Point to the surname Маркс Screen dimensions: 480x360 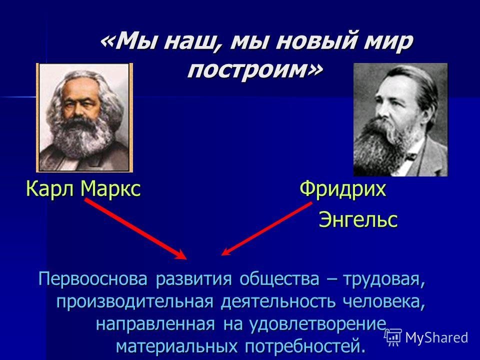coord(110,189)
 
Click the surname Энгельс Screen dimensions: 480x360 coord(358,219)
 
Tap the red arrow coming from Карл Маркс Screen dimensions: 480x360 coord(135,228)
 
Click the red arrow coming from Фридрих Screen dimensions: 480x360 coord(266,228)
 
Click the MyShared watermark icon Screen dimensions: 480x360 coord(393,337)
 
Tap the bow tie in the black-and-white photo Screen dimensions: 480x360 coord(410,157)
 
